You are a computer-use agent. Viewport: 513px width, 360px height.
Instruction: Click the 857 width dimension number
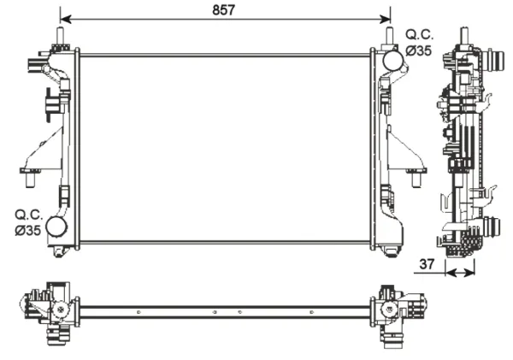pos(223,10)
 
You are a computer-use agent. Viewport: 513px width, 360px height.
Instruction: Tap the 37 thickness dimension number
pos(427,263)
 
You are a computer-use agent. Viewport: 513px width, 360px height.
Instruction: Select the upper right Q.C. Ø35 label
pos(420,43)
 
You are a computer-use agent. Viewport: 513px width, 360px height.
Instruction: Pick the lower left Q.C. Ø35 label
pos(28,222)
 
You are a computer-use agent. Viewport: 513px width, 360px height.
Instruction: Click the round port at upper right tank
pos(392,61)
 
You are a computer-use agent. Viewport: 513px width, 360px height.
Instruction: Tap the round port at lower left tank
pos(56,227)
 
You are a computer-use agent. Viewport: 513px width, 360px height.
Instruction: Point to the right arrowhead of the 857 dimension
pos(385,19)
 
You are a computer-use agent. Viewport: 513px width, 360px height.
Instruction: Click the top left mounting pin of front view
pos(61,35)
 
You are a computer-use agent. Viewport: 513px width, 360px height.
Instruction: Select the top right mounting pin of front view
pos(389,35)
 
